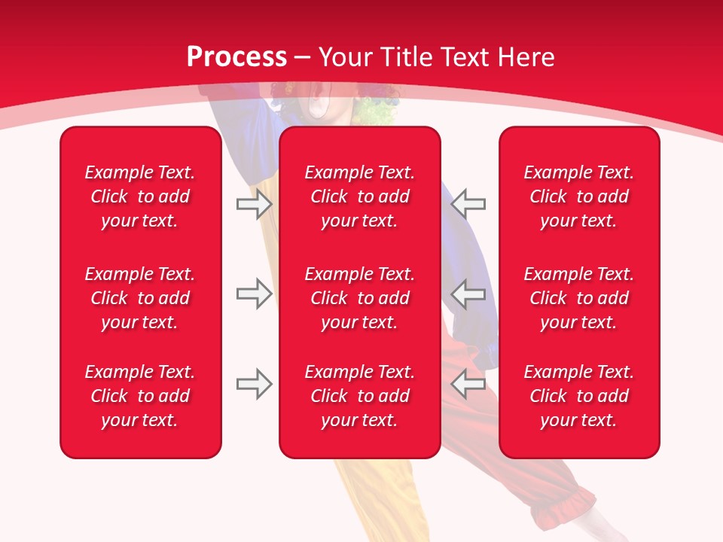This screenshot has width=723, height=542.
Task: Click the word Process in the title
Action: pyautogui.click(x=236, y=57)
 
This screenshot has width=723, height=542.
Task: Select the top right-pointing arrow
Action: pyautogui.click(x=254, y=204)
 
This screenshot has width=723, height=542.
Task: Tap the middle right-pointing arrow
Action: pyautogui.click(x=254, y=294)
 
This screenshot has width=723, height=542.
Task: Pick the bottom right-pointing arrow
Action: pyautogui.click(x=254, y=384)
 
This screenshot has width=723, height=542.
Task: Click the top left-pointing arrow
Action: pyautogui.click(x=468, y=203)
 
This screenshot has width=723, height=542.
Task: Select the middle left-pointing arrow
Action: pyautogui.click(x=468, y=294)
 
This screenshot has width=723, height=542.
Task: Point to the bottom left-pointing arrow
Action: pyautogui.click(x=468, y=384)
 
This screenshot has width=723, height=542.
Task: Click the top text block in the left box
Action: pyautogui.click(x=140, y=196)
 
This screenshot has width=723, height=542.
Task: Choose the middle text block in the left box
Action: pyautogui.click(x=140, y=298)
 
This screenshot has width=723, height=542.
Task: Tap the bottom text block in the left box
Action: pyautogui.click(x=140, y=396)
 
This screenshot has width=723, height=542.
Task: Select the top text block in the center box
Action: pyautogui.click(x=359, y=196)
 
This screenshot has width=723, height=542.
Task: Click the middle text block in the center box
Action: pyautogui.click(x=359, y=298)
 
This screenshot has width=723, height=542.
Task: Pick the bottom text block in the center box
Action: pyautogui.click(x=359, y=396)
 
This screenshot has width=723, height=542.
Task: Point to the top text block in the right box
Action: pyautogui.click(x=579, y=196)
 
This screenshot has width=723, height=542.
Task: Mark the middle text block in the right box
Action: pyautogui.click(x=579, y=298)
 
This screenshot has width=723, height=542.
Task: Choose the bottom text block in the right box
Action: pyautogui.click(x=579, y=396)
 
